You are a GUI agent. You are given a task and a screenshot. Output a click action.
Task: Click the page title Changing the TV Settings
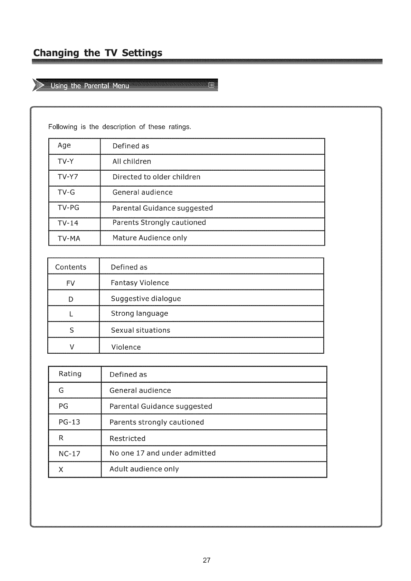point(98,53)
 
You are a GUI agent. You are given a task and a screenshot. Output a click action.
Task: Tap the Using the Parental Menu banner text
point(90,86)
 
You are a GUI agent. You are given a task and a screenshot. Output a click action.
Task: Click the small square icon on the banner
point(212,85)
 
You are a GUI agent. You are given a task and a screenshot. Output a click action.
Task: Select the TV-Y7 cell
point(68,177)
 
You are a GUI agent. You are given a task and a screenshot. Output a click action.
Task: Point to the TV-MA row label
point(69,238)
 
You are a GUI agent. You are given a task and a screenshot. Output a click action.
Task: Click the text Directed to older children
point(156,177)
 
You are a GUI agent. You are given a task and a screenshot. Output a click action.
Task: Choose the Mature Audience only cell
point(150,238)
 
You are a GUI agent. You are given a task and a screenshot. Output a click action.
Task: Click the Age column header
point(64,145)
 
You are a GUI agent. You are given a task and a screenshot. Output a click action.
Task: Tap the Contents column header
point(71,267)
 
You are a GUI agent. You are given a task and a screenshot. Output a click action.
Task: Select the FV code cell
point(70,283)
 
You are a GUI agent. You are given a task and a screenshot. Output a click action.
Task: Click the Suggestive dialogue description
point(146,298)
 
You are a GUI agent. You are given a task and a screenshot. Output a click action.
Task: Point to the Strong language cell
point(140,314)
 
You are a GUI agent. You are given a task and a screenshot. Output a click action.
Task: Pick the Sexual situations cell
point(141,330)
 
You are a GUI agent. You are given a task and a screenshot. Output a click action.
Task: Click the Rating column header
point(70,374)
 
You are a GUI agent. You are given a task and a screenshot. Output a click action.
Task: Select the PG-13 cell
point(69,422)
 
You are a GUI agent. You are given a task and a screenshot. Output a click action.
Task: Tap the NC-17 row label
point(69,454)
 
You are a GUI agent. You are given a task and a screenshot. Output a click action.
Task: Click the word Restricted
point(127,438)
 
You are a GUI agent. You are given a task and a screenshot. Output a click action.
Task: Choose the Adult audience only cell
point(144,469)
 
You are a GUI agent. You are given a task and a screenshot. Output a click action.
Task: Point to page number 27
point(207,560)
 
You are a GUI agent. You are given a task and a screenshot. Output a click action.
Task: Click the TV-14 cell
point(68,223)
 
